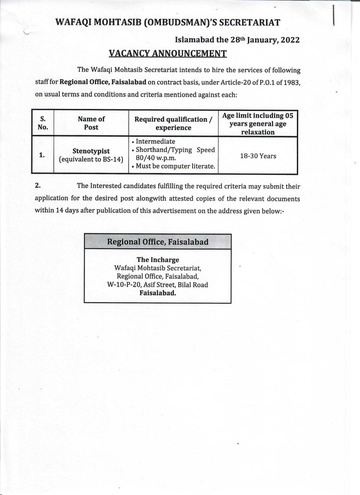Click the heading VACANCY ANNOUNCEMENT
pyautogui.click(x=167, y=54)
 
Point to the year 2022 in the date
pyautogui.click(x=287, y=40)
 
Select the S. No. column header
pyautogui.click(x=42, y=123)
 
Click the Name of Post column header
pyautogui.click(x=91, y=123)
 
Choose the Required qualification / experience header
pyautogui.click(x=173, y=123)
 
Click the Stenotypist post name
pyautogui.click(x=92, y=151)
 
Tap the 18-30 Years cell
pyautogui.click(x=258, y=156)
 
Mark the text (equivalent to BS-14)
pyautogui.click(x=92, y=159)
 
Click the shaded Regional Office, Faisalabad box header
pyautogui.click(x=158, y=242)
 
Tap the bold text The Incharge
pyautogui.click(x=158, y=260)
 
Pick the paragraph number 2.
pyautogui.click(x=38, y=186)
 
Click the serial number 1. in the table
pyautogui.click(x=42, y=155)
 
